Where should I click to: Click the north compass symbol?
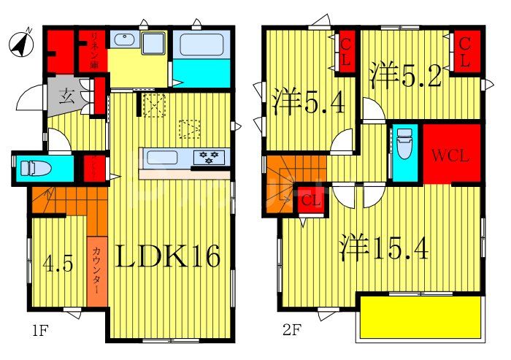(23, 44)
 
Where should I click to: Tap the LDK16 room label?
(176, 257)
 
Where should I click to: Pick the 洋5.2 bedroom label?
(406, 76)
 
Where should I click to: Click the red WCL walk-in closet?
(453, 156)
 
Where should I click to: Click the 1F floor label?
(39, 330)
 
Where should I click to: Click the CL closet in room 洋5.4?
(345, 52)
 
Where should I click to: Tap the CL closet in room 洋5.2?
(464, 52)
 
